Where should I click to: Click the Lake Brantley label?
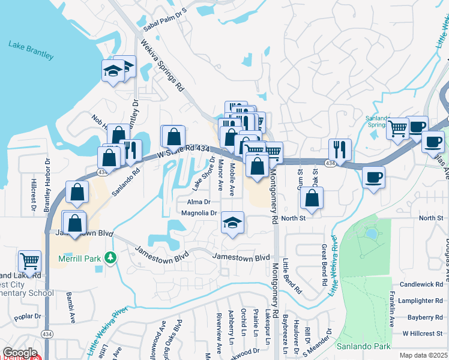click(31, 50)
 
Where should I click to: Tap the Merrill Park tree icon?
click(110, 258)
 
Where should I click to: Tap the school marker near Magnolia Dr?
click(232, 223)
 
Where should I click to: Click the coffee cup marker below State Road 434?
click(373, 178)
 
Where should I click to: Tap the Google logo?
click(20, 353)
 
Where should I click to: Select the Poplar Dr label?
click(29, 316)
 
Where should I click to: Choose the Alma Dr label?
click(199, 202)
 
